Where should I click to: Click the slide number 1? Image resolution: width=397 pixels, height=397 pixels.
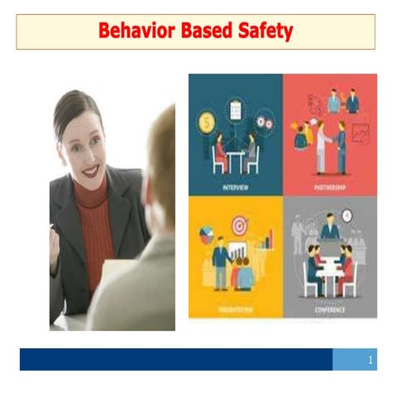click(371, 360)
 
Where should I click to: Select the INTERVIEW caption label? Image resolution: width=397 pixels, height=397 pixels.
click(236, 187)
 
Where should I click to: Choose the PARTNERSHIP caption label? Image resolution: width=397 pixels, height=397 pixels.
click(331, 187)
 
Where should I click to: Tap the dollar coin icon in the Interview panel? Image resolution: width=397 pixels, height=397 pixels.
click(205, 122)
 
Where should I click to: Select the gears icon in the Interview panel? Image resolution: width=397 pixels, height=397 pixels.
click(265, 122)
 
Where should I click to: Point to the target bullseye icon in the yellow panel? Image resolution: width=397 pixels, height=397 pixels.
click(240, 224)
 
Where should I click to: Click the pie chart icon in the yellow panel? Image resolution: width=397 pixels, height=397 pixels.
click(206, 237)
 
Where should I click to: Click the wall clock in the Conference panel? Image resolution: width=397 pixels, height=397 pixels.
click(348, 218)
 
